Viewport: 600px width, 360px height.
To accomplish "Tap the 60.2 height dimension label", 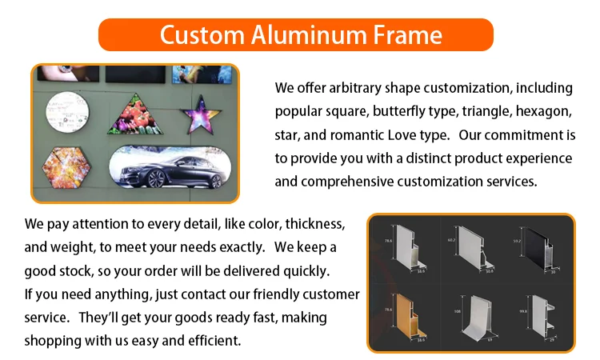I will (451, 241).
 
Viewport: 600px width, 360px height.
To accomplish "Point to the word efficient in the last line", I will (211, 341).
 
